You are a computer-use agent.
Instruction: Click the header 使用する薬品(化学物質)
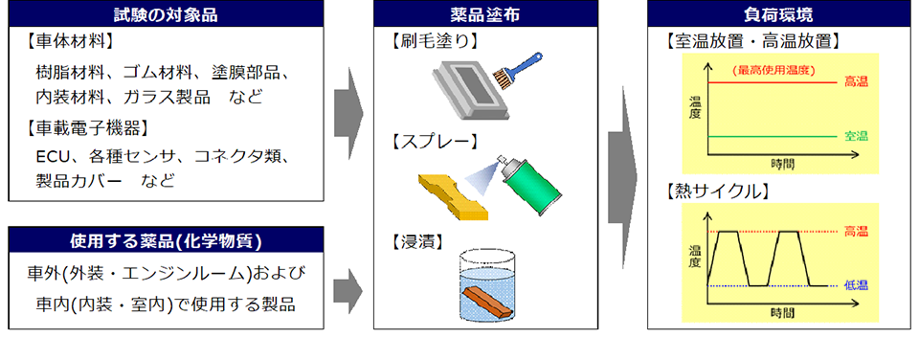click(166, 240)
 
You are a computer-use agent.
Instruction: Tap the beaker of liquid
click(487, 285)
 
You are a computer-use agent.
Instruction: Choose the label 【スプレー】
click(434, 142)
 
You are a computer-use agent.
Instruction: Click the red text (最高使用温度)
click(773, 70)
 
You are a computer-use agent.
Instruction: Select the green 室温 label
click(856, 137)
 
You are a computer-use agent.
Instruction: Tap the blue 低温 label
click(856, 285)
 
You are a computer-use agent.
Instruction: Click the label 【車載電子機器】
click(86, 127)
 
